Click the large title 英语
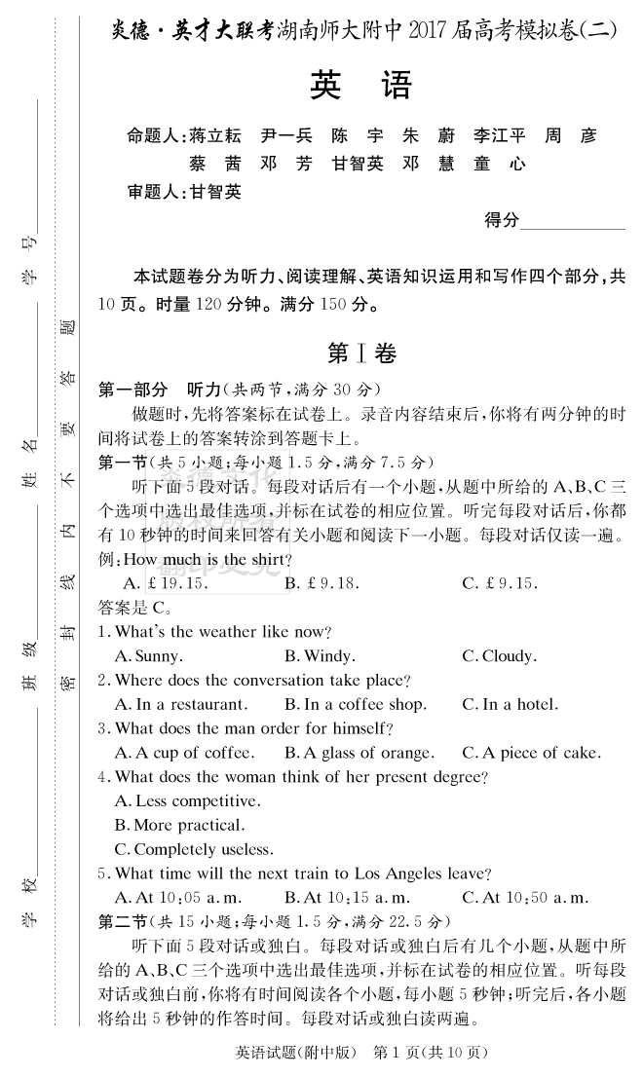point(360,87)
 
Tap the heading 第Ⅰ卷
point(361,353)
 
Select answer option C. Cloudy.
point(499,656)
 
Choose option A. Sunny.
point(148,656)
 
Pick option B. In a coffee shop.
point(355,704)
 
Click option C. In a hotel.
point(511,704)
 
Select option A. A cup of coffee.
point(184,753)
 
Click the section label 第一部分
point(133,389)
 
